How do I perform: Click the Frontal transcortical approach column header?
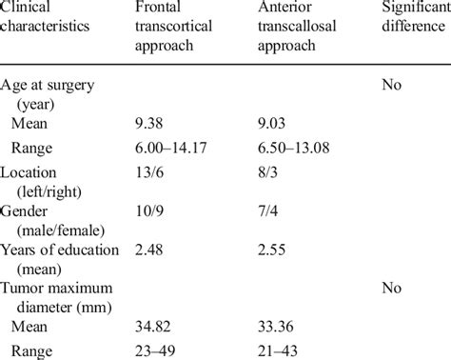pos(176,27)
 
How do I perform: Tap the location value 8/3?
pos(268,175)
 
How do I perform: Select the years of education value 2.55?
pos(273,250)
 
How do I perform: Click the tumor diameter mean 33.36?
pos(277,325)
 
